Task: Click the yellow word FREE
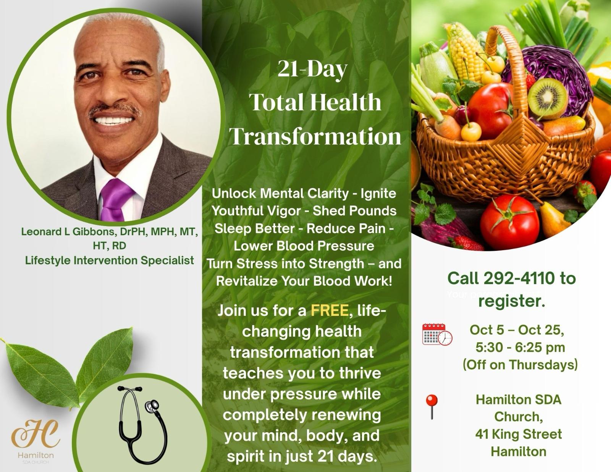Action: pos(330,310)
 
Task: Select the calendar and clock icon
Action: pos(437,334)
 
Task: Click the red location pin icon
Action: pos(432,407)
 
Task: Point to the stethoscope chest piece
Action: pos(152,406)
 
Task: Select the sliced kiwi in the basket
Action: pos(547,99)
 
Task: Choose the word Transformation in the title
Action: pos(315,136)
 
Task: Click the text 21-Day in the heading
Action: pos(313,69)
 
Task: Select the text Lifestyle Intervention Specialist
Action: pos(109,260)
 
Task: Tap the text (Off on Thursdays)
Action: pos(520,365)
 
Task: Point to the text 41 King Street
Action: pos(519,434)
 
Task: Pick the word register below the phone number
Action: pos(512,301)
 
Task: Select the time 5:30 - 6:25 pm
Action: pos(520,348)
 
